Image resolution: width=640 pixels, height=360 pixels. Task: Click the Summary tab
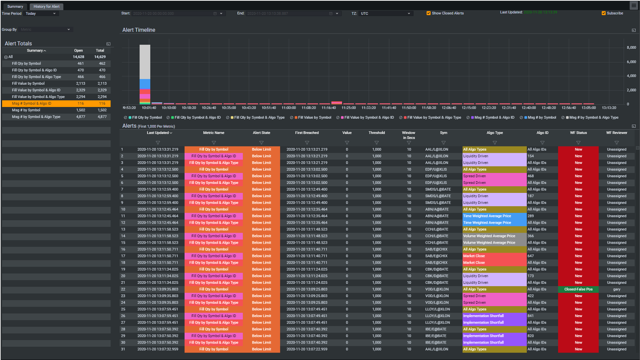(15, 7)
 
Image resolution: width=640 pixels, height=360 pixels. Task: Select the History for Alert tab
(46, 7)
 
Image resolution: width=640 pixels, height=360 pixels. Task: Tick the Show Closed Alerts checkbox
(429, 13)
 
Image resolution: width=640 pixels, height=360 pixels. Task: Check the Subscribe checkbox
(604, 13)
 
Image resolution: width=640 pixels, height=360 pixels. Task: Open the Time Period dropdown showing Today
(41, 14)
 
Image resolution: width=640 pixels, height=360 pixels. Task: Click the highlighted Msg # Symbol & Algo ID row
(56, 103)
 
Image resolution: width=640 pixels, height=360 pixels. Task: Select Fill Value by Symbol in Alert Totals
(29, 84)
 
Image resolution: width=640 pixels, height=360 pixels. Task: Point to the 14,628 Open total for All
(78, 57)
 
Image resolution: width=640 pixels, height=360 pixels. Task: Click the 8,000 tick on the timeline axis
(631, 48)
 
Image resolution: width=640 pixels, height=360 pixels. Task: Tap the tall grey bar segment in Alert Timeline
(145, 62)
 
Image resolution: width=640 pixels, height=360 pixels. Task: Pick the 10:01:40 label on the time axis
(149, 108)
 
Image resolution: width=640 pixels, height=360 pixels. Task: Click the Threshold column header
(376, 133)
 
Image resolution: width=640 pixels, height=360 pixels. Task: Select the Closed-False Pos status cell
(578, 289)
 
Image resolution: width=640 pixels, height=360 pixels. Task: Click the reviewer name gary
(617, 289)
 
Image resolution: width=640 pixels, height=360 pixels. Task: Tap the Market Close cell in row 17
(474, 256)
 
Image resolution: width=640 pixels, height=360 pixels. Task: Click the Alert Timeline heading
(139, 30)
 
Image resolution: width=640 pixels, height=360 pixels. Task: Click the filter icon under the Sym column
(444, 143)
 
